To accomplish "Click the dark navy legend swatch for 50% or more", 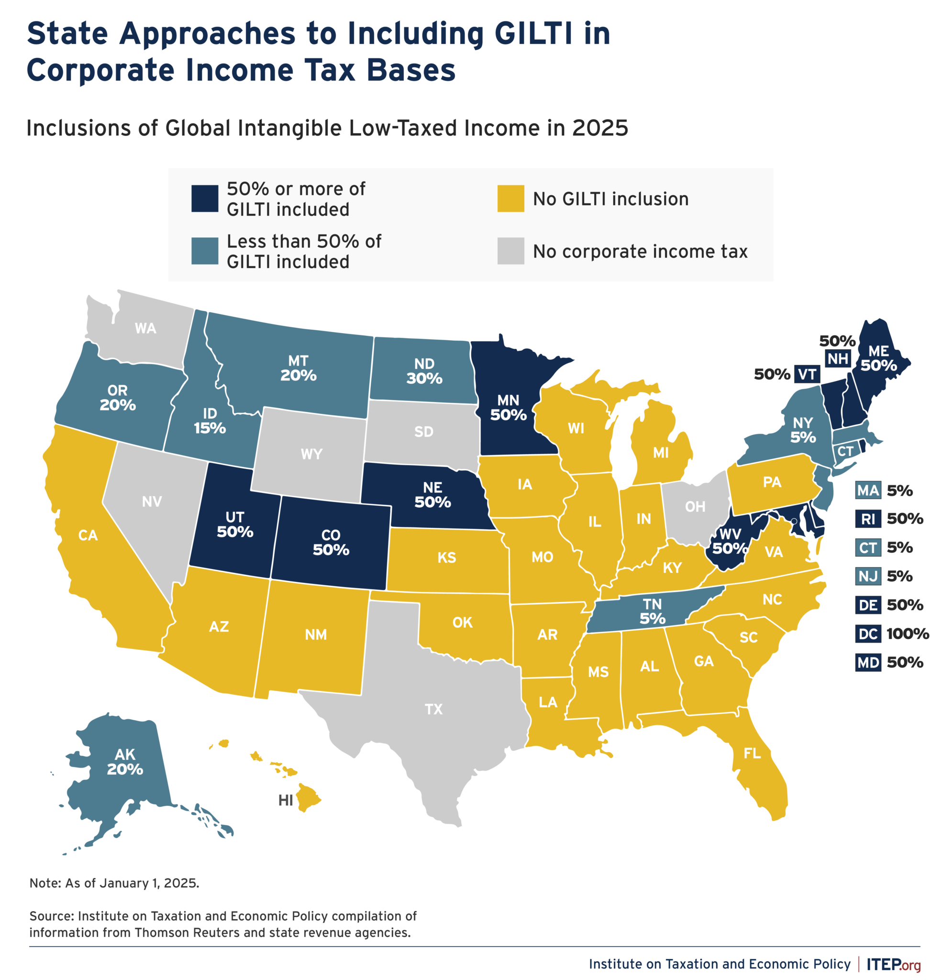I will (204, 199).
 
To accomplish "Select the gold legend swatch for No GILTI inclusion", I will (510, 199).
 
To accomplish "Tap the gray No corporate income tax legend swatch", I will (510, 251).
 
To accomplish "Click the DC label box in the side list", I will (867, 634).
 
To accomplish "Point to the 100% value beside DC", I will (907, 634).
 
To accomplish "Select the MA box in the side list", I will (867, 490).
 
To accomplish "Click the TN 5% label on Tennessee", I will (652, 612).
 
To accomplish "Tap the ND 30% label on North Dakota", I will (424, 371).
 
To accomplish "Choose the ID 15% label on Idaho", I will (210, 421).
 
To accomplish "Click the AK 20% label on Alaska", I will (125, 761).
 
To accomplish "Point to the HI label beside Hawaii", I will (286, 800).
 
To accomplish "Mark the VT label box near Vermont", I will (807, 374).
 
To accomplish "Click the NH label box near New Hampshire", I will (838, 358).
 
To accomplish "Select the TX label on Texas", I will (433, 709).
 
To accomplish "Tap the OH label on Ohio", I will (695, 506).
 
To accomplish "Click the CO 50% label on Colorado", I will (331, 543).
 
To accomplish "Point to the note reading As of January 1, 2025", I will (114, 883).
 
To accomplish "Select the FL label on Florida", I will (752, 753).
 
